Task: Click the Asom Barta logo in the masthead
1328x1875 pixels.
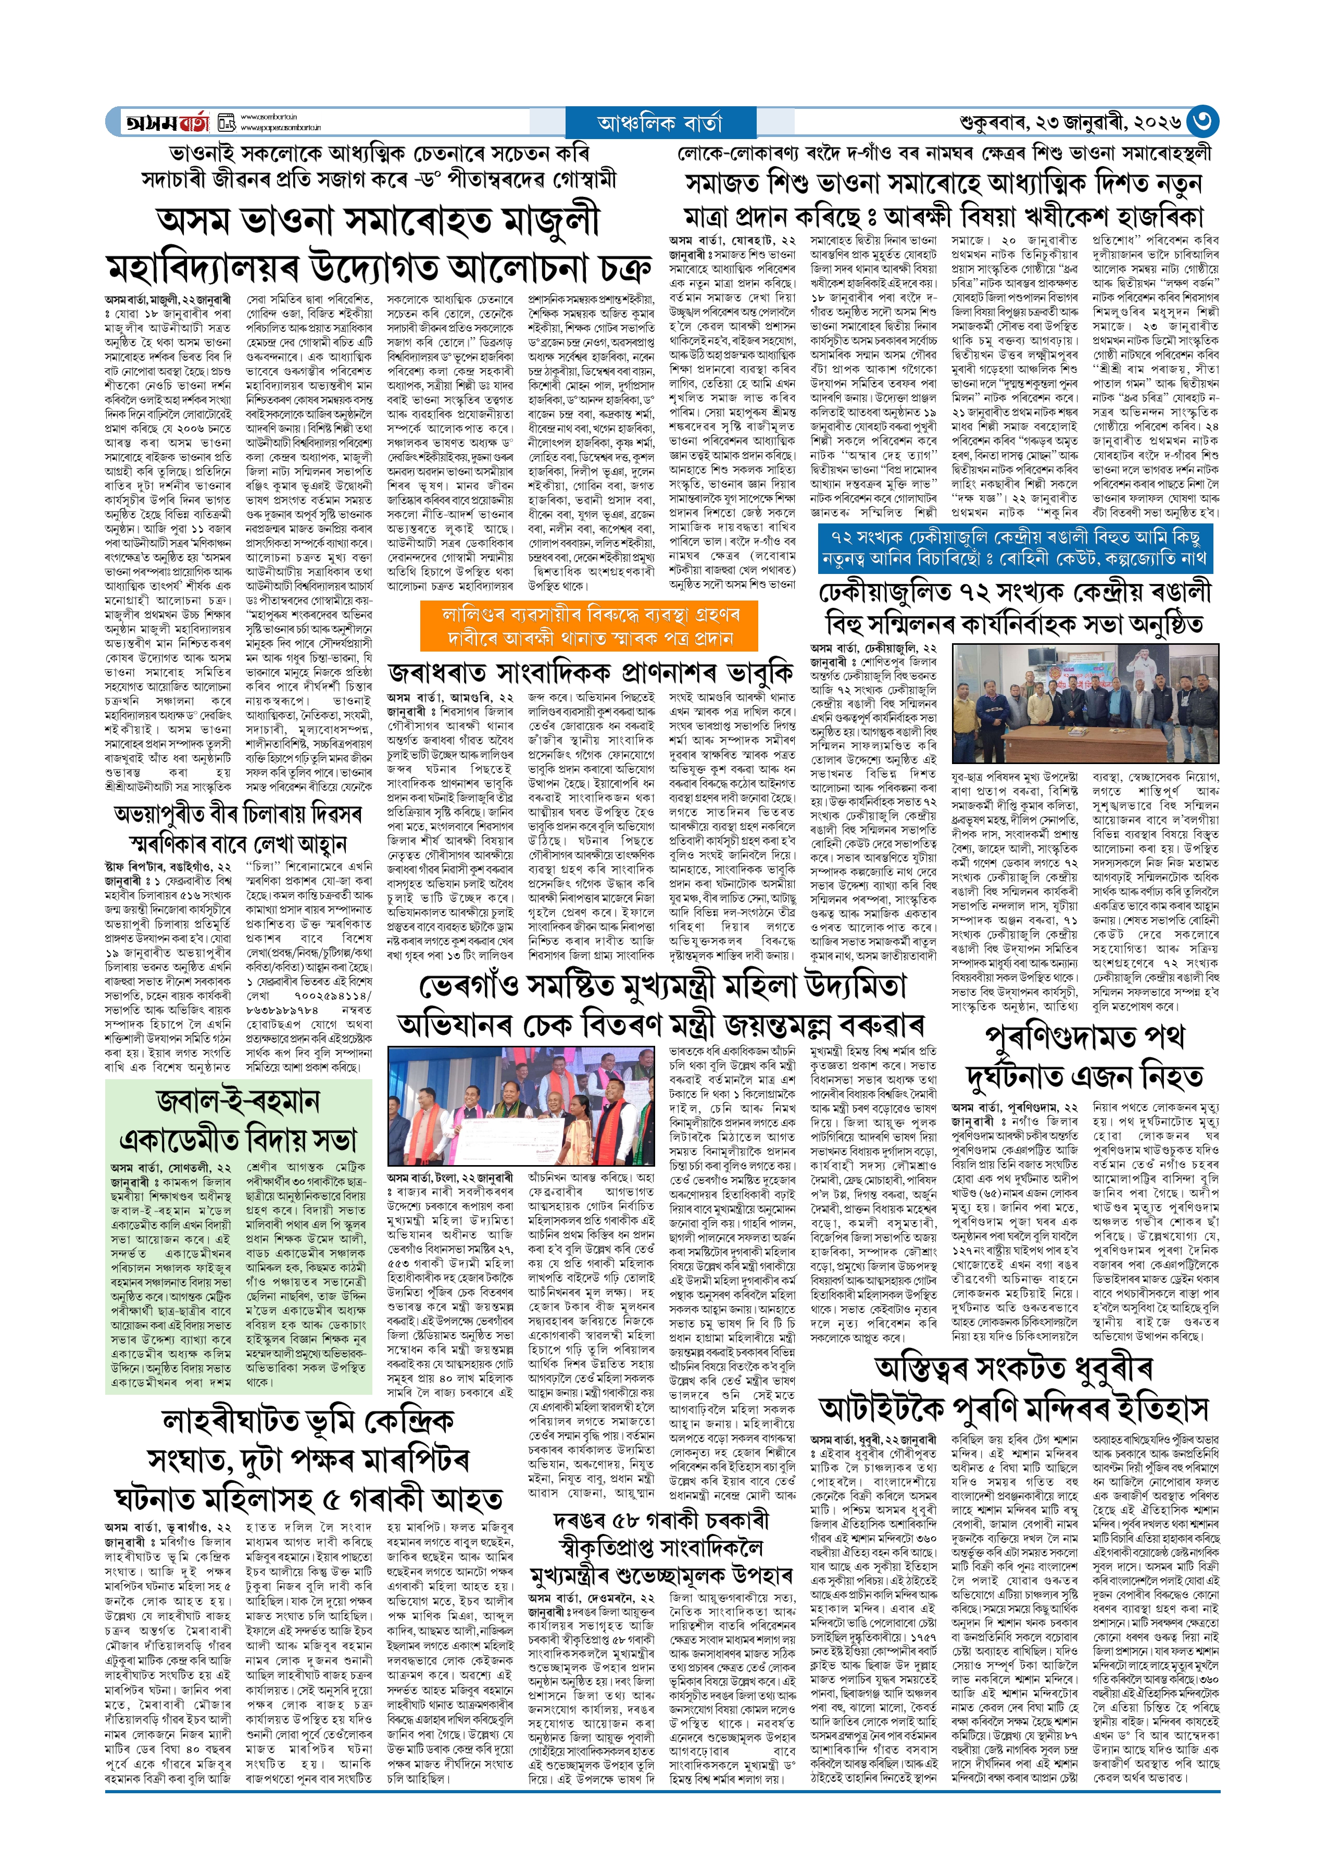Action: click(168, 122)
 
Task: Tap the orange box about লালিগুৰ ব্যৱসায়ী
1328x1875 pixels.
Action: click(589, 626)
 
